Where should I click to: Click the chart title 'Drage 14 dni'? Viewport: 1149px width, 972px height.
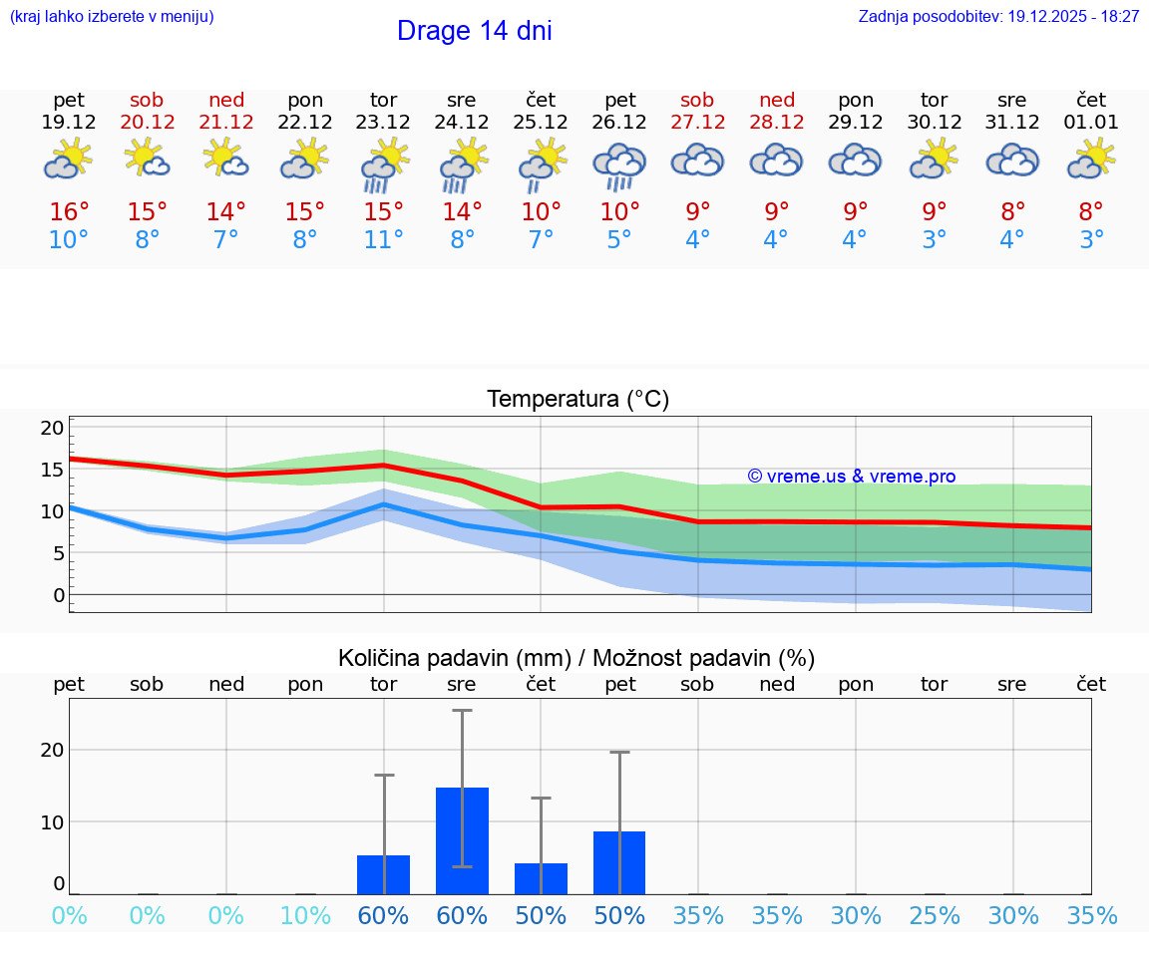[474, 31]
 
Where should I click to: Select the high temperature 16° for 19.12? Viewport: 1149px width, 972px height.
[69, 212]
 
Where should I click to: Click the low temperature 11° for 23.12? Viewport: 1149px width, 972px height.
[384, 240]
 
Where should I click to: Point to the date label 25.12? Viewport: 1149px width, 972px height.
[541, 122]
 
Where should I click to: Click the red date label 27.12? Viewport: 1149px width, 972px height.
[697, 122]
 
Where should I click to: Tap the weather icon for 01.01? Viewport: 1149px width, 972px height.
[1091, 159]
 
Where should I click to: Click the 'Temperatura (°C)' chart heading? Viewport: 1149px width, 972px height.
[577, 399]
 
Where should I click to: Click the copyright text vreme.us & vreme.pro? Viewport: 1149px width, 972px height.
[851, 477]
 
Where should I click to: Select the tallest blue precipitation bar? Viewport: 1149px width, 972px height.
[462, 840]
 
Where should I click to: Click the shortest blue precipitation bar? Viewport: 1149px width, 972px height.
[541, 878]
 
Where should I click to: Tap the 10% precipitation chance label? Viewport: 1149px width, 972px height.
[305, 916]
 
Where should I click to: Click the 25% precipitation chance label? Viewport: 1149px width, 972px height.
[934, 916]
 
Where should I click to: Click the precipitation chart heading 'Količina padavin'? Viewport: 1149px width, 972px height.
[576, 658]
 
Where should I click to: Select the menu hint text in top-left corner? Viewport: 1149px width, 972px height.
[112, 16]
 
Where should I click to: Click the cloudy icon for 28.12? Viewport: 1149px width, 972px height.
[776, 160]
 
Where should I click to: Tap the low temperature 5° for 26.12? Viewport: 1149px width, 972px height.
[619, 240]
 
